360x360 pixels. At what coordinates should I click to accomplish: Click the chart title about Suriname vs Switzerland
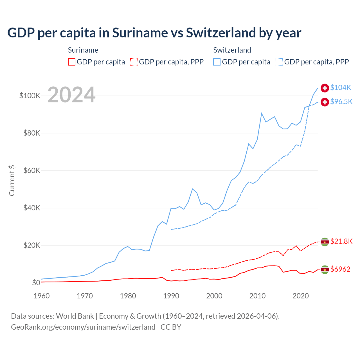(x=154, y=33)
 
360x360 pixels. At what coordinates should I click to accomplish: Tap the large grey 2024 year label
(x=71, y=95)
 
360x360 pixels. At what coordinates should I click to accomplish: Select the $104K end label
(x=341, y=87)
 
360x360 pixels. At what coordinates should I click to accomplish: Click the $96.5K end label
(x=341, y=102)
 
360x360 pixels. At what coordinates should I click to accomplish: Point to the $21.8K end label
(x=341, y=241)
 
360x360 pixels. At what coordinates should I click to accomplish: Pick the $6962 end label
(x=340, y=269)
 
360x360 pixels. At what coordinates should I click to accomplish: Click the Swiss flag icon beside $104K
(x=325, y=88)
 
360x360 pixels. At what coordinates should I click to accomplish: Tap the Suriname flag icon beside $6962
(x=325, y=269)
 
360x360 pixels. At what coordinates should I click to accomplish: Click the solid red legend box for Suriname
(x=72, y=62)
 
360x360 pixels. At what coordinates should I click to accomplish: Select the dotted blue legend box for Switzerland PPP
(x=279, y=62)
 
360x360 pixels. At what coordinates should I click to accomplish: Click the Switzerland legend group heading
(x=232, y=50)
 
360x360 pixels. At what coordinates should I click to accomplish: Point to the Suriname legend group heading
(x=83, y=50)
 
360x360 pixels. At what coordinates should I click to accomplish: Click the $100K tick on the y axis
(x=30, y=96)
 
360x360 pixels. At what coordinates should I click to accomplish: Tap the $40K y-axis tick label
(x=32, y=208)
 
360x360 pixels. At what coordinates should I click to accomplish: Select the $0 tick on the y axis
(x=36, y=283)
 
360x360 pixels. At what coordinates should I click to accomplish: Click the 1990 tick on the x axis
(x=171, y=296)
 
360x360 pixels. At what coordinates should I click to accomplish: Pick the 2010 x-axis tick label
(x=257, y=296)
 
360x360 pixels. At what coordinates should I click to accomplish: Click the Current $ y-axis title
(x=12, y=180)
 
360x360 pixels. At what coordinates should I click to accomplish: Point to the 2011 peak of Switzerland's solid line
(x=262, y=113)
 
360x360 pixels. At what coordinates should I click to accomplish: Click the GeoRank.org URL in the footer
(x=83, y=327)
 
